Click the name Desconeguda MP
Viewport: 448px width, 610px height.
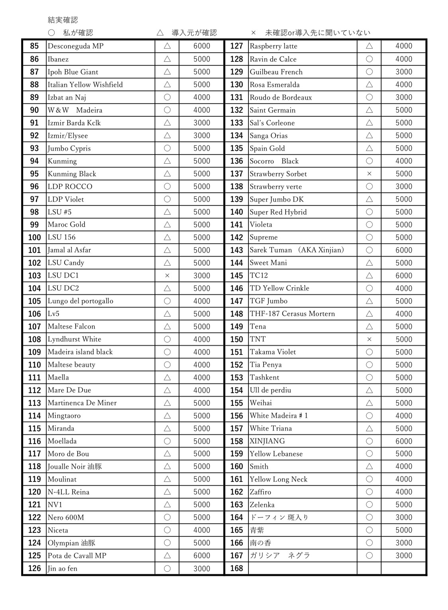coord(76,46)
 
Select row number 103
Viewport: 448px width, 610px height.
coord(35,276)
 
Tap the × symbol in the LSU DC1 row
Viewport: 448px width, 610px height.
coord(167,276)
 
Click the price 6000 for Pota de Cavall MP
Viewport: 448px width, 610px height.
coord(202,555)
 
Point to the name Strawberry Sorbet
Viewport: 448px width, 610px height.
coord(278,174)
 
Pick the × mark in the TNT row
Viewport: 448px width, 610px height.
coord(369,339)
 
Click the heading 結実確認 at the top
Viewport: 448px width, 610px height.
coord(63,20)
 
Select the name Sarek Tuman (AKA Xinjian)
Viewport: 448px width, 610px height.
coord(297,250)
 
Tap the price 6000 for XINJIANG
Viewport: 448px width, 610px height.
coord(403,441)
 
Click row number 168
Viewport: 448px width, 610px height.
coord(237,568)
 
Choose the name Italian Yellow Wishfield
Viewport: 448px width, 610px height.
coord(85,84)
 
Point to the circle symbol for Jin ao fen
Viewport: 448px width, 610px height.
coord(167,568)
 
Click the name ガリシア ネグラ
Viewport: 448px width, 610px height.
coord(280,555)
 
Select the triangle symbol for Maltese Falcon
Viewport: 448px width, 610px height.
coord(167,327)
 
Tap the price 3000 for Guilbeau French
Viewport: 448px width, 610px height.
coord(403,72)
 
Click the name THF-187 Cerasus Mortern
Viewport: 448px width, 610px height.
coord(292,314)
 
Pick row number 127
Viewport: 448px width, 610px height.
coord(237,46)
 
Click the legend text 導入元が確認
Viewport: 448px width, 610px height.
coord(194,33)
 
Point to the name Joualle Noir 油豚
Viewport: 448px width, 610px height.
coord(75,466)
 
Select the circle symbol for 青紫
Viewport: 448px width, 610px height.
coord(369,530)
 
